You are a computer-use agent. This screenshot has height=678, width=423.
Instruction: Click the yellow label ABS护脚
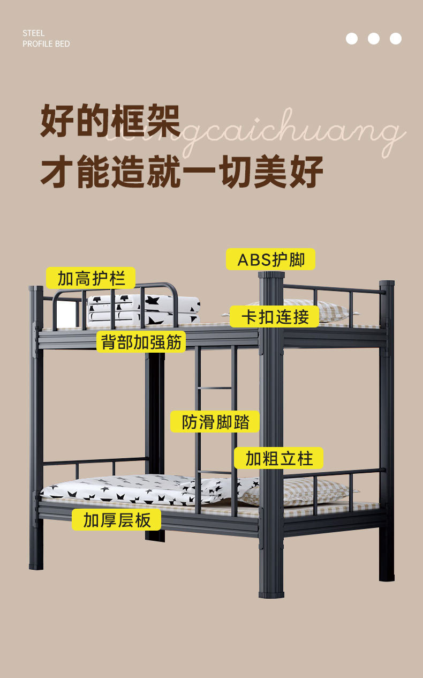[270, 259]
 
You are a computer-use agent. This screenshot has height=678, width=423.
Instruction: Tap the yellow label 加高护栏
[90, 278]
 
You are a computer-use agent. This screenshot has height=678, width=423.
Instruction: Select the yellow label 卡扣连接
[275, 316]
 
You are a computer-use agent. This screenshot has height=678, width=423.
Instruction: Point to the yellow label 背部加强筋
[141, 341]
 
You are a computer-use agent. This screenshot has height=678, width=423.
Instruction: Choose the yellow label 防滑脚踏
[215, 422]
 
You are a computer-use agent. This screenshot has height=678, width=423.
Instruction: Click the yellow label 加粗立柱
[278, 458]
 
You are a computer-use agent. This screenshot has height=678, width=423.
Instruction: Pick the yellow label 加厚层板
[117, 519]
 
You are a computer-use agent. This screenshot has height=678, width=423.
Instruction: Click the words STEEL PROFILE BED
[46, 39]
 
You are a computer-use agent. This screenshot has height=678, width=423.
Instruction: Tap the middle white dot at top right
[374, 39]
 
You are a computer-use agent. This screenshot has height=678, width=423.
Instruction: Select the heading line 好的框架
[110, 122]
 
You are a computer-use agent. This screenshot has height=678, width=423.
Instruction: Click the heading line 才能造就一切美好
[182, 171]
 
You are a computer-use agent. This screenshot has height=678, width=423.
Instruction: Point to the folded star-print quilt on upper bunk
[143, 309]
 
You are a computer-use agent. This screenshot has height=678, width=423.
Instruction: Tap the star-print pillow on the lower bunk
[214, 488]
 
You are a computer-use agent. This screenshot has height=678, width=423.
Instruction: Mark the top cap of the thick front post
[271, 275]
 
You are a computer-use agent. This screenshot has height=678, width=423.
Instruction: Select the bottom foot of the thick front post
[271, 592]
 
